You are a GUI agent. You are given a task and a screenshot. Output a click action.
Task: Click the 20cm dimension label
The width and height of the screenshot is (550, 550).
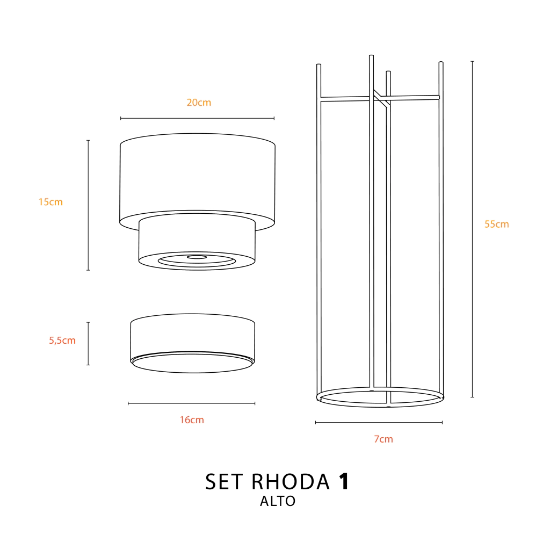pyautogui.click(x=199, y=103)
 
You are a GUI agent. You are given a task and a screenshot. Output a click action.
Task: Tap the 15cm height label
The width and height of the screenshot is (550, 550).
pyautogui.click(x=50, y=202)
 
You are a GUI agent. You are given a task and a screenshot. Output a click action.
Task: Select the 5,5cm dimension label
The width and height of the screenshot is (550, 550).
pyautogui.click(x=62, y=340)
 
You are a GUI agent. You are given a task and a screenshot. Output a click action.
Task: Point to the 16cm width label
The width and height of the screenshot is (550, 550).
pyautogui.click(x=192, y=420)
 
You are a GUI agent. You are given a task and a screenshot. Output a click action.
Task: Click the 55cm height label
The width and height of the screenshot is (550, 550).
pyautogui.click(x=496, y=224)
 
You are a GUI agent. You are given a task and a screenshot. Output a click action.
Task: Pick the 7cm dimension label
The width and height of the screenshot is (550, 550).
pyautogui.click(x=383, y=439)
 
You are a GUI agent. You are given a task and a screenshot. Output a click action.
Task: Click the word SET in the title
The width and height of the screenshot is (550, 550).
pyautogui.click(x=224, y=482)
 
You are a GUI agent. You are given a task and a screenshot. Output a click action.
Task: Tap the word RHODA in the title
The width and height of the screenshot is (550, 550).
pyautogui.click(x=291, y=482)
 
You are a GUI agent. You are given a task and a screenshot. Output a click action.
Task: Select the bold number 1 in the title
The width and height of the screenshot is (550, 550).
pyautogui.click(x=344, y=482)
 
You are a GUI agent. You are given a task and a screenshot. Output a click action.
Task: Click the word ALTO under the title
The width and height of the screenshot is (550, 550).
pyautogui.click(x=278, y=501)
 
